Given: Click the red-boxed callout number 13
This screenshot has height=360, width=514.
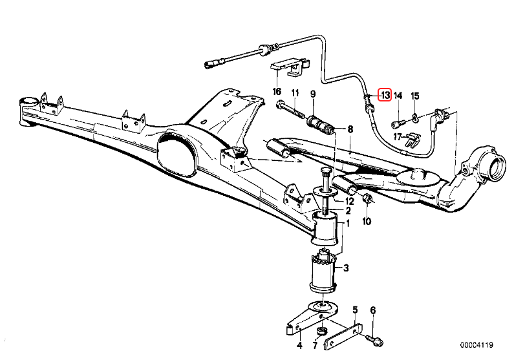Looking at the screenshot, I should [385, 96].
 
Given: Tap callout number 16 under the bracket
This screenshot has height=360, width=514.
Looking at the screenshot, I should [277, 92].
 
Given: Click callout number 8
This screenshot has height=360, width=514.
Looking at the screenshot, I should [350, 129].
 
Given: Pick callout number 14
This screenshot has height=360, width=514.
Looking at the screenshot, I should [398, 96].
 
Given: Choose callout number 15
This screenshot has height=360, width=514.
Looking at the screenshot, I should [415, 96].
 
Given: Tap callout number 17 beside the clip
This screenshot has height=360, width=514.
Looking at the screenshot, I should [398, 136].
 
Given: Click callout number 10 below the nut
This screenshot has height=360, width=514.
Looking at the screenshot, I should [367, 222].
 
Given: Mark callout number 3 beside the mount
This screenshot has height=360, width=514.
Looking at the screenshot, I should [347, 268].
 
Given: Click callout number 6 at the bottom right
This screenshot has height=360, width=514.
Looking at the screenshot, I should [372, 311].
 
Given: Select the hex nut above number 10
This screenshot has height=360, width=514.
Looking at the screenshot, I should [365, 199].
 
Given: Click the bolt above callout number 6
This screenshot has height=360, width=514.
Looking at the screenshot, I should [376, 337].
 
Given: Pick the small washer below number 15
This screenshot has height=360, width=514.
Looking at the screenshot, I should [415, 118].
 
